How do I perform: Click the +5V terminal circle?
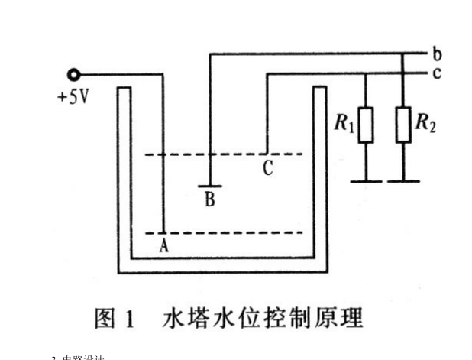click(x=73, y=75)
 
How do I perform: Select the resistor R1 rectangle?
click(x=366, y=125)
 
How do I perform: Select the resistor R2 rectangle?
click(x=402, y=125)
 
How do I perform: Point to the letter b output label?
click(x=436, y=54)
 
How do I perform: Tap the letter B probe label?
click(x=209, y=200)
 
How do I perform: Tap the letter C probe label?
click(x=267, y=169)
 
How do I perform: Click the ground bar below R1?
click(x=366, y=181)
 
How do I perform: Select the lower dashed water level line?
click(x=229, y=232)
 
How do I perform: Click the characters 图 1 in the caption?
click(x=115, y=317)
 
